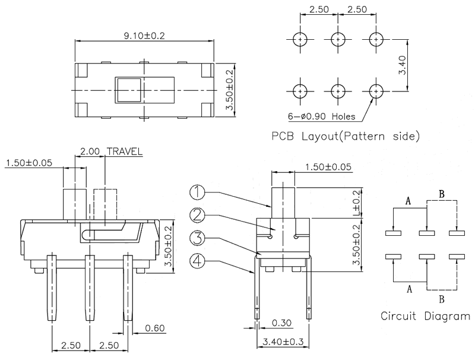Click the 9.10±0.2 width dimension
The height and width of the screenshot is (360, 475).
144,36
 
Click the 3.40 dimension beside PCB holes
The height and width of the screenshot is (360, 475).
403,65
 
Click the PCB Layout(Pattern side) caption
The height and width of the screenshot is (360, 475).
346,136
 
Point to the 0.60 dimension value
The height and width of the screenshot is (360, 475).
153,327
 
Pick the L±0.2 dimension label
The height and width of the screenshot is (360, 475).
357,204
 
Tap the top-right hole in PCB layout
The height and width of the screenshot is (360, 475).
375,40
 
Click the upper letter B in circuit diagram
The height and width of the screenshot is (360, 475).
441,194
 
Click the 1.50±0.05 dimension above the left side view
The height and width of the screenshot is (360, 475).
28,163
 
